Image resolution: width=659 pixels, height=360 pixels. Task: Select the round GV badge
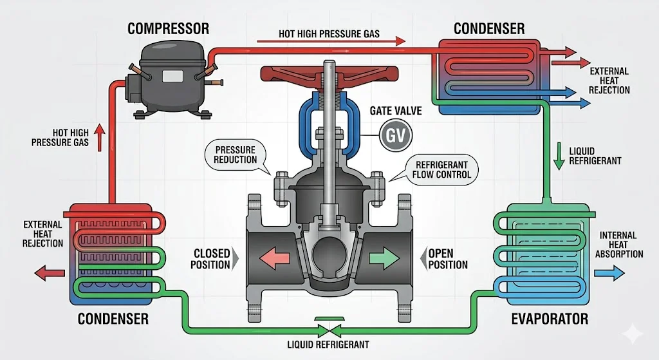[391, 135]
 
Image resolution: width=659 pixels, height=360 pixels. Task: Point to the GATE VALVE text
[396, 111]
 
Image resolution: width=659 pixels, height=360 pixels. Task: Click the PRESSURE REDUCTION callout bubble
[236, 155]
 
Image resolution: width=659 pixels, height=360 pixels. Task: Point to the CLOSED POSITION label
[210, 259]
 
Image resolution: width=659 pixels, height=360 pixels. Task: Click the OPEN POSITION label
[448, 259]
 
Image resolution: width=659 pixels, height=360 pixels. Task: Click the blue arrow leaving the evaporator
[608, 273]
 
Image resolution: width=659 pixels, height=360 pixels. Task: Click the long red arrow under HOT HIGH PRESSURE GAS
[331, 43]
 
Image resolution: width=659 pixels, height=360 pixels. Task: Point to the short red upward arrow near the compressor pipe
[100, 137]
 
